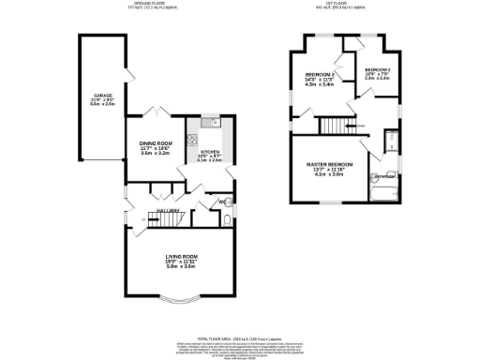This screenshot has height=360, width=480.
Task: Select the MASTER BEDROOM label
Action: point(330,164)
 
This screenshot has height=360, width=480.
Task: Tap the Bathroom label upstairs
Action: point(383,176)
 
